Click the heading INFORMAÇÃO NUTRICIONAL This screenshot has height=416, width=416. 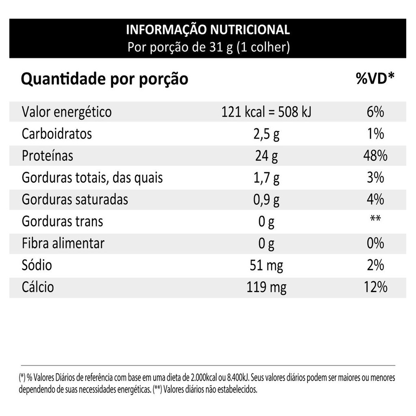(x=208, y=30)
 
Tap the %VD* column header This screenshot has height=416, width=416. (x=375, y=79)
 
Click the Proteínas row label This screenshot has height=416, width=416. (x=48, y=156)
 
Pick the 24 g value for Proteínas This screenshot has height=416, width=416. (x=266, y=156)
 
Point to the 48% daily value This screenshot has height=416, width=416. (x=375, y=156)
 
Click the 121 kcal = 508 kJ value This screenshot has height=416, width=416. (x=266, y=112)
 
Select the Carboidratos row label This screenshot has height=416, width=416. (x=57, y=134)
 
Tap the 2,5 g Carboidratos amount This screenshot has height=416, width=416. (x=266, y=134)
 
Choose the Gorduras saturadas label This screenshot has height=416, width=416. (x=75, y=199)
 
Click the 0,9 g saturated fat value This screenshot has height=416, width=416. (x=266, y=200)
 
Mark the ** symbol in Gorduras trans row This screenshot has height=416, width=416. (x=375, y=220)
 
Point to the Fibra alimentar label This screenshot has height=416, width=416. (x=63, y=243)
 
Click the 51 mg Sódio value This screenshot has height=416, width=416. (x=266, y=266)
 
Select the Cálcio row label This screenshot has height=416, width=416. (x=38, y=287)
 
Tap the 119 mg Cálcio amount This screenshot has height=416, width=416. (x=266, y=288)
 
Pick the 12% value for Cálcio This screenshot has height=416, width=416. (x=375, y=287)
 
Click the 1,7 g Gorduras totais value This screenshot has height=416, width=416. (x=266, y=178)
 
